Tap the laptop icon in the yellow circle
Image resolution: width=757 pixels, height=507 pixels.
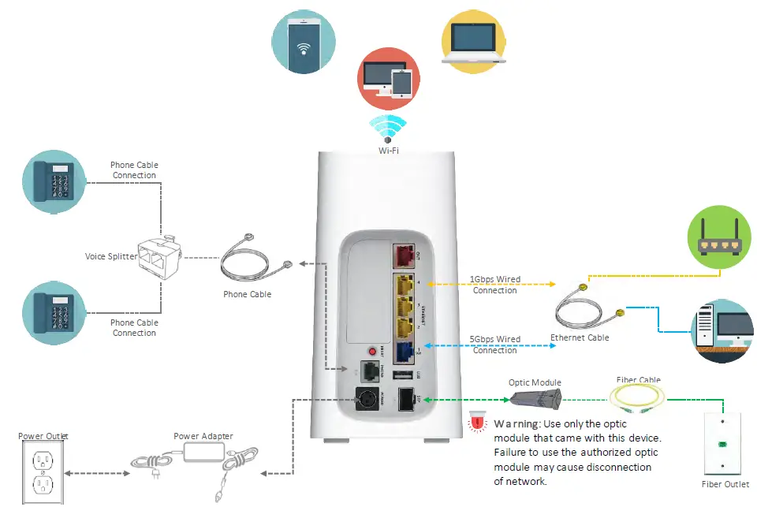tap(472, 43)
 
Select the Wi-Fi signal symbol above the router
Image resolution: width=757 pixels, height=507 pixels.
tap(388, 129)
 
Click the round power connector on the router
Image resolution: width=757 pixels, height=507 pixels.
tap(367, 399)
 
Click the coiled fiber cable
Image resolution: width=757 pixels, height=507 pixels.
tap(640, 397)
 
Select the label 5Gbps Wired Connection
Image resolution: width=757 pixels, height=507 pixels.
tap(496, 345)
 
